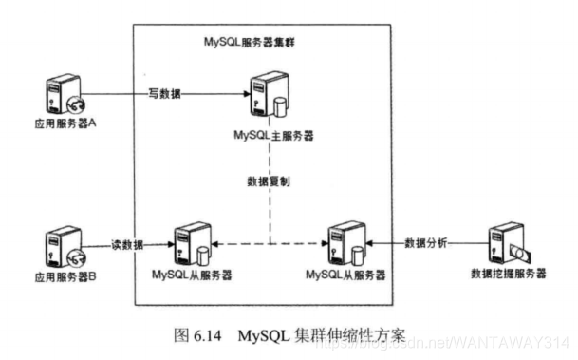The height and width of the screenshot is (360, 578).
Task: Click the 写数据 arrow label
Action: point(164,94)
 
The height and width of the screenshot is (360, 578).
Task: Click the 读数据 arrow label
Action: point(128,244)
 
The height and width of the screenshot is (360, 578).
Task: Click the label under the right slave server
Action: point(346,275)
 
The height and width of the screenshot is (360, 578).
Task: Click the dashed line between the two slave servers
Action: point(270,245)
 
